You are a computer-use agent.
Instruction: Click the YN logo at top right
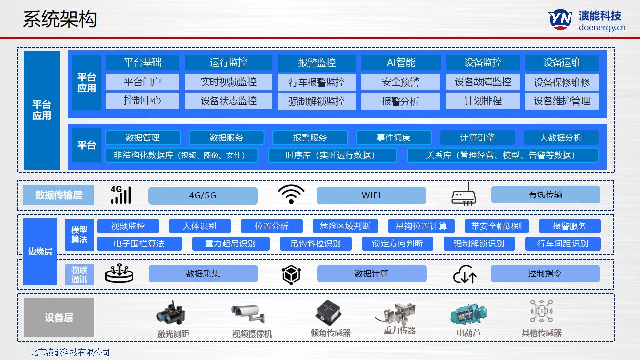[x=560, y=20]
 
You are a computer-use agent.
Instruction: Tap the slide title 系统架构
[x=60, y=19]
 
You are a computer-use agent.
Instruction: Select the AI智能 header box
[x=401, y=62]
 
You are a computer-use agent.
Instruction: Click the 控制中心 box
[x=142, y=100]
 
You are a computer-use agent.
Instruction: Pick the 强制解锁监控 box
[x=316, y=101]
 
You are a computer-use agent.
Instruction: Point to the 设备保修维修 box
[x=562, y=82]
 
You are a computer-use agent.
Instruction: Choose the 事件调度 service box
[x=393, y=137]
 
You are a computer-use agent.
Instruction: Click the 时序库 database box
[x=332, y=155]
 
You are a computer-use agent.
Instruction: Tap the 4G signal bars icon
[x=120, y=195]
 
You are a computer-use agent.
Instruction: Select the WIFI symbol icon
[x=291, y=195]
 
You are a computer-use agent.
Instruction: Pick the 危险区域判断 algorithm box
[x=345, y=226]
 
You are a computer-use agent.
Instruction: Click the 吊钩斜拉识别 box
[x=316, y=243]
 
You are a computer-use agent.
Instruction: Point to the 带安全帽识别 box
[x=496, y=226]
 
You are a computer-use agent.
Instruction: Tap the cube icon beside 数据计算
[x=291, y=274]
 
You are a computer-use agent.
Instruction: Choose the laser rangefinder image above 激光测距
[x=171, y=313]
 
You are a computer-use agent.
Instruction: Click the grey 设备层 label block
[x=59, y=317]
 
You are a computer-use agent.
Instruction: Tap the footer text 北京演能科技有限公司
[x=70, y=352]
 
